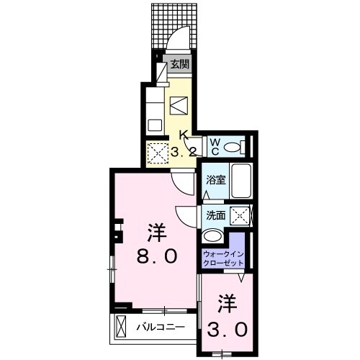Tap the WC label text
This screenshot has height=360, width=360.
(x=215, y=147)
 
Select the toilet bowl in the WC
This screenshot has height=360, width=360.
(x=233, y=147)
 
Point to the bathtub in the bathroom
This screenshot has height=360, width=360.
(x=241, y=181)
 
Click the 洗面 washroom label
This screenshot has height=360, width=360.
(x=215, y=215)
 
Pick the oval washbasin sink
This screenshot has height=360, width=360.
(x=213, y=235)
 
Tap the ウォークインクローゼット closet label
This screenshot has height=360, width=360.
(x=222, y=259)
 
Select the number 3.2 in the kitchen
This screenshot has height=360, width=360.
(x=184, y=152)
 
